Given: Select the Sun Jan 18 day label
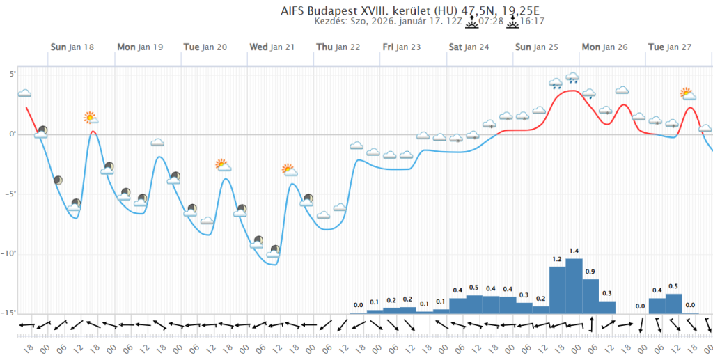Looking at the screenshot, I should (72, 47).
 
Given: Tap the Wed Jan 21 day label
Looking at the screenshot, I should (272, 47).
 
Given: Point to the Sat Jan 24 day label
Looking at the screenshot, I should (469, 47).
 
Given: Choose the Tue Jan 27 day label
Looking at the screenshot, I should (670, 47).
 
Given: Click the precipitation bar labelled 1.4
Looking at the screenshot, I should (574, 285).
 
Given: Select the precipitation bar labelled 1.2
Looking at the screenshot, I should (557, 290).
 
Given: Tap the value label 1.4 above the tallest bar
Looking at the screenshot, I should (574, 251).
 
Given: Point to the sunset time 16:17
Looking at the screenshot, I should (533, 22).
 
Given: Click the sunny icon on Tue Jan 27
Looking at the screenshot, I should (688, 93).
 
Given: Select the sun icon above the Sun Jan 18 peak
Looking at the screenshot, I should (90, 118).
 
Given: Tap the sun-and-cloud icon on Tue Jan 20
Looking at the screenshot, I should (222, 165).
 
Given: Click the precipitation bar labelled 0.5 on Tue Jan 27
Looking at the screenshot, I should (673, 304).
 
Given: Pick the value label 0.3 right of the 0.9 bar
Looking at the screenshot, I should (607, 293).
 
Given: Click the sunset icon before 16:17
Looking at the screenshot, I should (513, 22).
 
